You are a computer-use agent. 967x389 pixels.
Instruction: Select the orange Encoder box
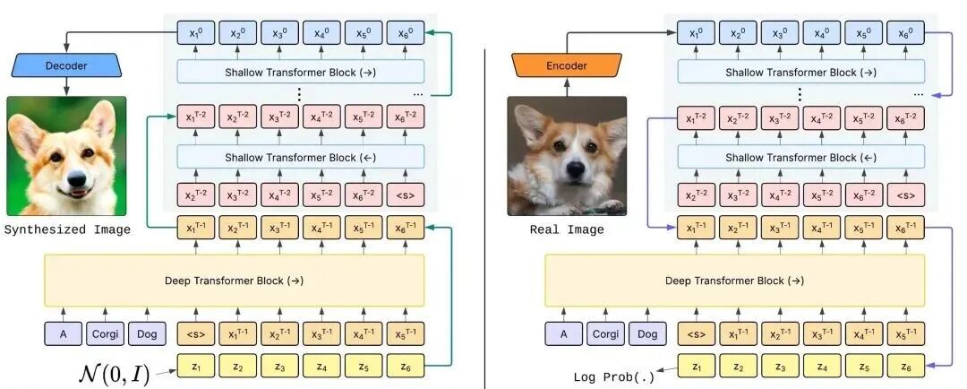pyautogui.click(x=567, y=65)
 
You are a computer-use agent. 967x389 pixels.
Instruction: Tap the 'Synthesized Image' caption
pyautogui.click(x=67, y=229)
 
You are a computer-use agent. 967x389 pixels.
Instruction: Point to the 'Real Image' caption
pyautogui.click(x=567, y=229)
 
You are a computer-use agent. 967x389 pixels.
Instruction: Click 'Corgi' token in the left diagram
pyautogui.click(x=107, y=334)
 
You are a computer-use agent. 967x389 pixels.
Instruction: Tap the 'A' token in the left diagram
pyautogui.click(x=64, y=334)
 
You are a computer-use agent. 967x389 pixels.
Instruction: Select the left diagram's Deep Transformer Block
pyautogui.click(x=234, y=280)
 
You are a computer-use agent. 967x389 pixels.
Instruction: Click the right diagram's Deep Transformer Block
pyautogui.click(x=734, y=280)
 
